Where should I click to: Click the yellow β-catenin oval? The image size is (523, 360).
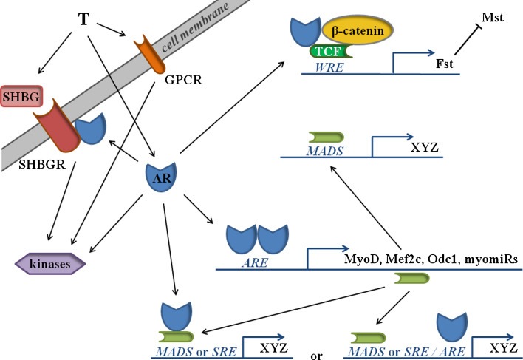click(x=358, y=30)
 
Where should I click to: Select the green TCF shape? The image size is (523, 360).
click(x=330, y=52)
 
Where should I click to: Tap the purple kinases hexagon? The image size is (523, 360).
click(x=50, y=264)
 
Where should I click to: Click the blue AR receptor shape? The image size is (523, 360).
click(x=161, y=177)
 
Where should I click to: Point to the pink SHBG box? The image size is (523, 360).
click(x=21, y=96)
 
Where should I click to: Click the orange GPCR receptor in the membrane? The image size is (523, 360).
click(x=149, y=54)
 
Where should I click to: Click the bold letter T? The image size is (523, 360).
click(x=83, y=19)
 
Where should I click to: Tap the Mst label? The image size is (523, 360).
click(x=492, y=17)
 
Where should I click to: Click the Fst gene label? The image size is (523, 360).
click(x=445, y=64)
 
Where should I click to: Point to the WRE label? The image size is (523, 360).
click(x=329, y=67)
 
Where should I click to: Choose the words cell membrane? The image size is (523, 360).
click(x=194, y=27)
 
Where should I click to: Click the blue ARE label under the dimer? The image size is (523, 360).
click(x=255, y=263)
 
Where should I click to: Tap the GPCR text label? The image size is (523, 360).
click(x=184, y=80)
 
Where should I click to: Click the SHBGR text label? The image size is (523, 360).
click(x=42, y=165)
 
